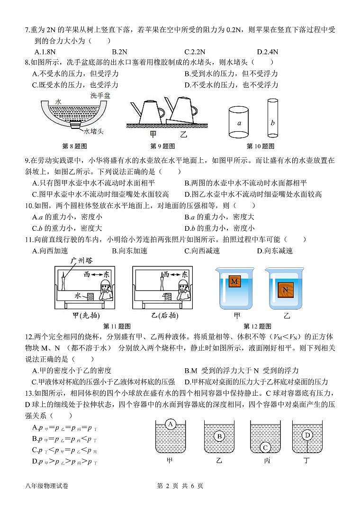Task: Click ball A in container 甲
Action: (171, 424)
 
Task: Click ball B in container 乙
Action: (219, 436)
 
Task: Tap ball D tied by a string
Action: (307, 435)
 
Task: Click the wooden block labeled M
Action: (234, 282)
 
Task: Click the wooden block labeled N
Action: (285, 289)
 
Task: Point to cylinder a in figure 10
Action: (239, 123)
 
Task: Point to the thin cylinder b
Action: (272, 123)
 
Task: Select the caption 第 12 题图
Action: (257, 326)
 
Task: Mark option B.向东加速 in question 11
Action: (129, 251)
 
